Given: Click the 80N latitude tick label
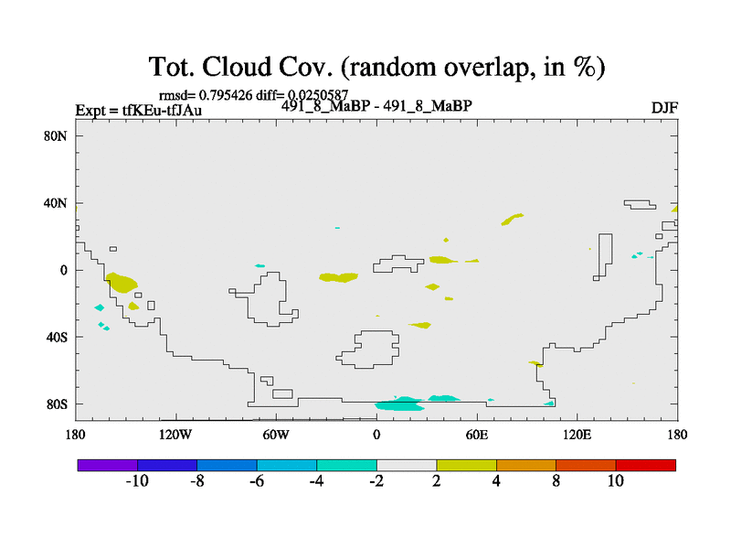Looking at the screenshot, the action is click(x=56, y=135).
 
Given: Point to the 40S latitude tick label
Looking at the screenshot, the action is click(x=57, y=337).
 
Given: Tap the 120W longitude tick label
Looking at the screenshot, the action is click(x=175, y=435).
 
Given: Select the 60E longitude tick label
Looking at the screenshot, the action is click(x=477, y=435).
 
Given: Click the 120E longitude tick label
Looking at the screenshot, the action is click(x=577, y=435).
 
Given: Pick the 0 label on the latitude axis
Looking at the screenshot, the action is click(x=63, y=270).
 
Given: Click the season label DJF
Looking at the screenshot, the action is click(x=664, y=108).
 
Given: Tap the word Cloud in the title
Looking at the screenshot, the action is click(x=237, y=66).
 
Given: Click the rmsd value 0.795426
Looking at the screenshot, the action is click(x=226, y=95).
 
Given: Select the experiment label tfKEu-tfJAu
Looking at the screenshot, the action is click(x=162, y=110).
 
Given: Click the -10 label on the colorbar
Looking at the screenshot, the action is click(x=137, y=481).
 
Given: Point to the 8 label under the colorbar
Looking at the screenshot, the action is click(x=556, y=481).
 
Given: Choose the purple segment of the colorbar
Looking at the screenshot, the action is click(x=108, y=466).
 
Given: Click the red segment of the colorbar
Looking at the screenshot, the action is click(x=646, y=466).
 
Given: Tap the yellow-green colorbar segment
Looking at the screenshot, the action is click(x=467, y=466).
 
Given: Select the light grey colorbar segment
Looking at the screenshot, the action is click(x=407, y=466).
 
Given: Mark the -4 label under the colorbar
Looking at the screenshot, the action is click(x=316, y=481).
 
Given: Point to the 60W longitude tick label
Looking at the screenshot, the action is click(x=276, y=435).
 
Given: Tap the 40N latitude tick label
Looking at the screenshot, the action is click(x=56, y=203).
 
